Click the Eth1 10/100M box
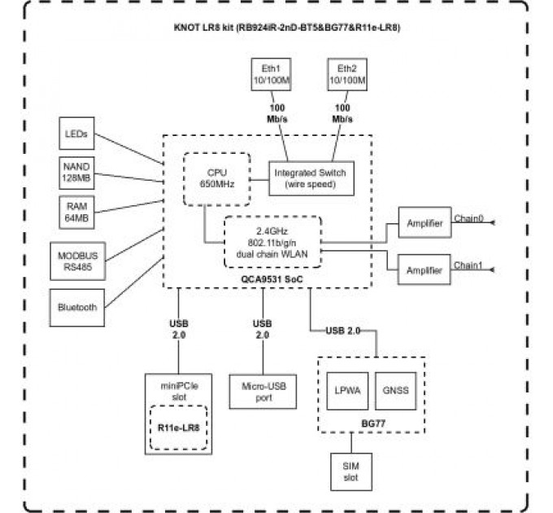pyautogui.click(x=269, y=76)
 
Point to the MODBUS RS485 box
pyautogui.click(x=78, y=260)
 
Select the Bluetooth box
pyautogui.click(x=78, y=307)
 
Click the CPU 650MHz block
pyautogui.click(x=216, y=178)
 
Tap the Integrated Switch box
pyautogui.click(x=310, y=178)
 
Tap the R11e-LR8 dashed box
pyautogui.click(x=178, y=426)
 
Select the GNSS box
pyautogui.click(x=396, y=389)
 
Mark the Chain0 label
pyautogui.click(x=468, y=217)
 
